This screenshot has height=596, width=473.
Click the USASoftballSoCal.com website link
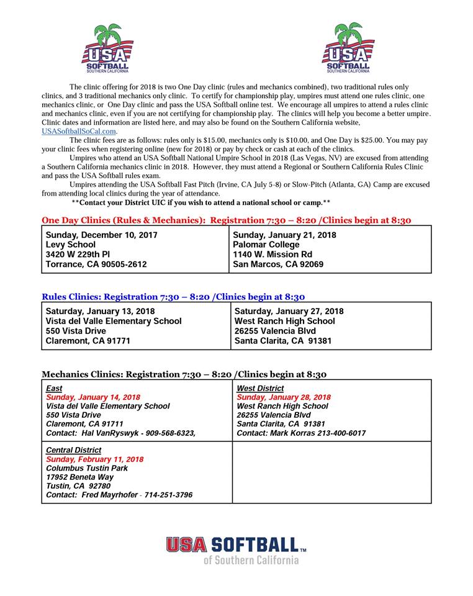(x=79, y=132)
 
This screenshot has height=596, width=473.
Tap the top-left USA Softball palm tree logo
(x=107, y=48)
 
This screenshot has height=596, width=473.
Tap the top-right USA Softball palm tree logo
(x=348, y=48)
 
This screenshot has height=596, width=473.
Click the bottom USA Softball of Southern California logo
(x=236, y=550)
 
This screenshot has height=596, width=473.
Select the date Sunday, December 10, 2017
(x=102, y=235)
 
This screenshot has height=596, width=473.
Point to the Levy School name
(x=71, y=245)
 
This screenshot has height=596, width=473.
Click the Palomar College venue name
(x=266, y=245)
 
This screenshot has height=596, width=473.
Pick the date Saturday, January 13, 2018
(x=101, y=311)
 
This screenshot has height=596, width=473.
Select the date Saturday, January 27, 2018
(x=289, y=311)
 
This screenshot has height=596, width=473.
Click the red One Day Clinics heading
(x=226, y=220)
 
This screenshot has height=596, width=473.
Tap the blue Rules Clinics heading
(x=173, y=297)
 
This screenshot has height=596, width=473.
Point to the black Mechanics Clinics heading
(x=184, y=374)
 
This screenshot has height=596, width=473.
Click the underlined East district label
(x=55, y=389)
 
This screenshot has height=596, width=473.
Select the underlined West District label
(x=261, y=389)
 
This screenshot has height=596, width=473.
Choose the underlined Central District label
(x=74, y=450)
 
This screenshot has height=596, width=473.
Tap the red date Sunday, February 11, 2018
(x=95, y=459)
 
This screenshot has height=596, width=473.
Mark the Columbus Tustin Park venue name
(x=87, y=468)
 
